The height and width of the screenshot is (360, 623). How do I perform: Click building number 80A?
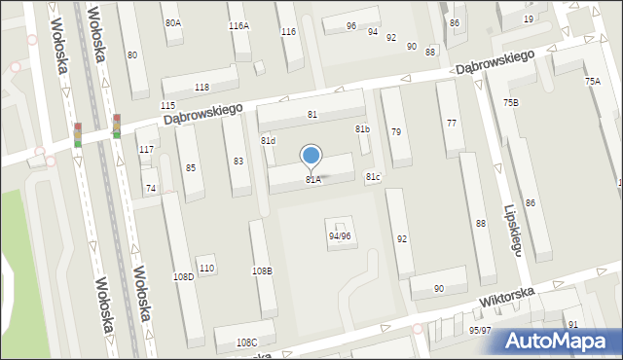point(172,22)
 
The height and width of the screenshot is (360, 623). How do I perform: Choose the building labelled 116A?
point(238,26)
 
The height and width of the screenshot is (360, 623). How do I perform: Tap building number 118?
point(202,88)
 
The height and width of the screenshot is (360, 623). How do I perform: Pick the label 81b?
point(362,129)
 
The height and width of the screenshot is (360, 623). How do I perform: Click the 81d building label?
point(268,141)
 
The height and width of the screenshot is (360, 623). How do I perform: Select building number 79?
point(395,132)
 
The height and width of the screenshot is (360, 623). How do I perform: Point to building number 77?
point(451,124)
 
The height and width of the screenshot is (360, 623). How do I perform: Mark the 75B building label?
point(511,103)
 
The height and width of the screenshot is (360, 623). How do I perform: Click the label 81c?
point(373,176)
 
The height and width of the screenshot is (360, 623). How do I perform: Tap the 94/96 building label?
point(340,236)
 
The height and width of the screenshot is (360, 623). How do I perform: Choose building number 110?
point(205,269)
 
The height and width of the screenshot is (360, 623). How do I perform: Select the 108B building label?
point(262,270)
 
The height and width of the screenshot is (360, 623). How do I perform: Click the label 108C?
point(247,342)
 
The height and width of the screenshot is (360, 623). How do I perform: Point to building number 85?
point(190,168)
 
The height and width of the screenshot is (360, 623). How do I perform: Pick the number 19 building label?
point(528,19)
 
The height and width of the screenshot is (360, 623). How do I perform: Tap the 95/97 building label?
point(481,331)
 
